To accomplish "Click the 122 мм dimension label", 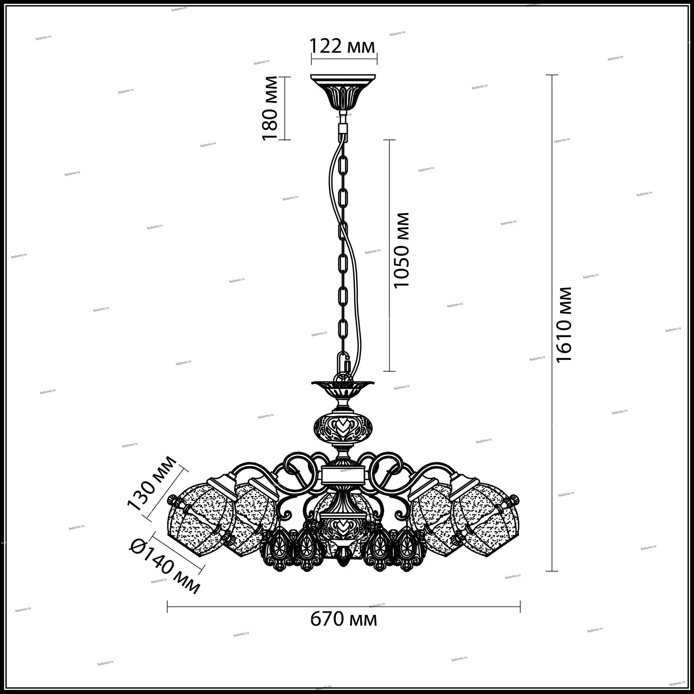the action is [x=342, y=47].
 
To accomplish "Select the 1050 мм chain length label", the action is [x=401, y=250].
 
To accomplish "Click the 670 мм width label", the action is [x=344, y=618].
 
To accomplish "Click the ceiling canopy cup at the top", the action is [x=343, y=92].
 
